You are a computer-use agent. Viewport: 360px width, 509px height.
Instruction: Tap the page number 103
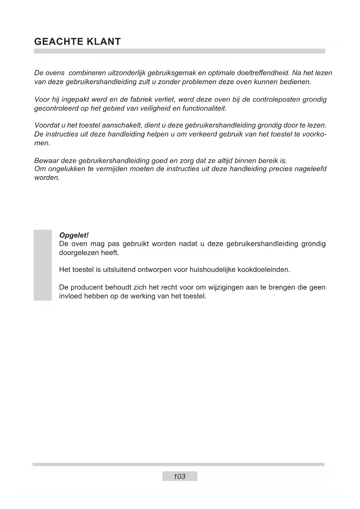point(180,476)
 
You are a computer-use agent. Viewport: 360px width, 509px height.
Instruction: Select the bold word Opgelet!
point(74,235)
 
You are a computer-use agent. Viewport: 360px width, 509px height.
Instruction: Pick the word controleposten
point(276,100)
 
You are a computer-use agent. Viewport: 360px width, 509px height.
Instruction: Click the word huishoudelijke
point(212,270)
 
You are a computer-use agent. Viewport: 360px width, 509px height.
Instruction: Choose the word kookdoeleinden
point(264,270)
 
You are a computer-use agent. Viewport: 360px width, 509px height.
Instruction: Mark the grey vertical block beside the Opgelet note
point(43,265)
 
